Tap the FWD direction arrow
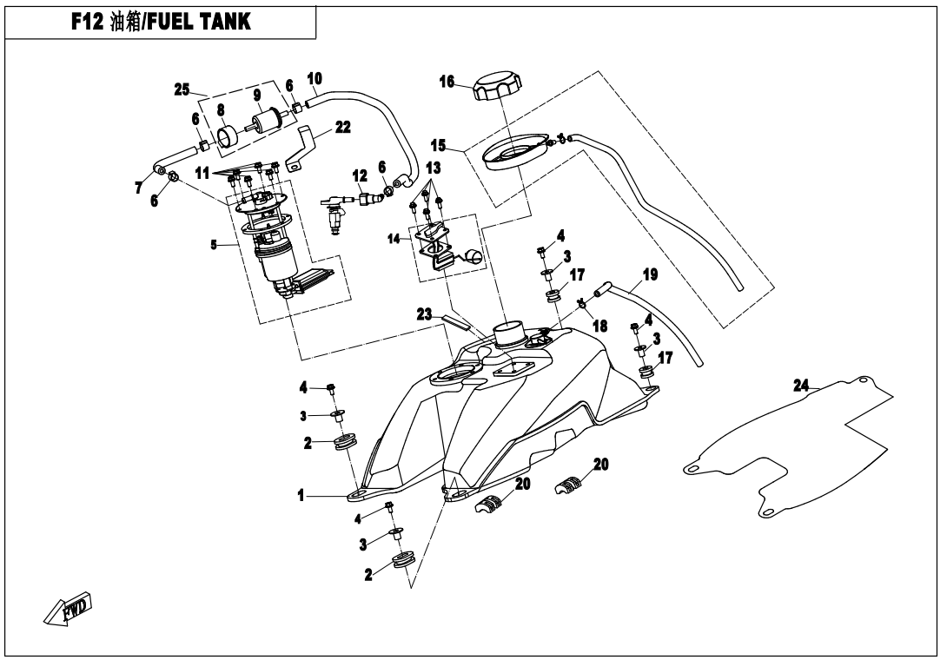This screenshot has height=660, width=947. tap(67, 606)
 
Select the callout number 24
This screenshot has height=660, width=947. tap(801, 386)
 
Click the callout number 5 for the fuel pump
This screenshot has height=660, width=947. tap(213, 245)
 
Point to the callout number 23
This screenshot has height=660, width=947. tap(425, 314)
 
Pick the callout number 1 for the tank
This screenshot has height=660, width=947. tap(301, 496)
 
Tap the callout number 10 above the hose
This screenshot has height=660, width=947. tap(315, 78)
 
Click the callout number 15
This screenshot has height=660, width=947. tap(439, 146)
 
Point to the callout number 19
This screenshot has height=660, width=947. tap(650, 274)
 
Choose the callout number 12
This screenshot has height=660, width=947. tap(360, 175)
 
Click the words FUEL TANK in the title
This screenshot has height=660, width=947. tap(199, 21)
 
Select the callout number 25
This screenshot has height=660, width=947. tap(182, 90)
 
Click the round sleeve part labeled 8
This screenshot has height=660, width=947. tap(228, 137)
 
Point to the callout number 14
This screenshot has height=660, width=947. tap(394, 240)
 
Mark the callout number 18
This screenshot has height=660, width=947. tap(599, 327)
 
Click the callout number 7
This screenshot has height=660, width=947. tap(139, 188)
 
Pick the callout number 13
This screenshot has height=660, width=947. tap(433, 168)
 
